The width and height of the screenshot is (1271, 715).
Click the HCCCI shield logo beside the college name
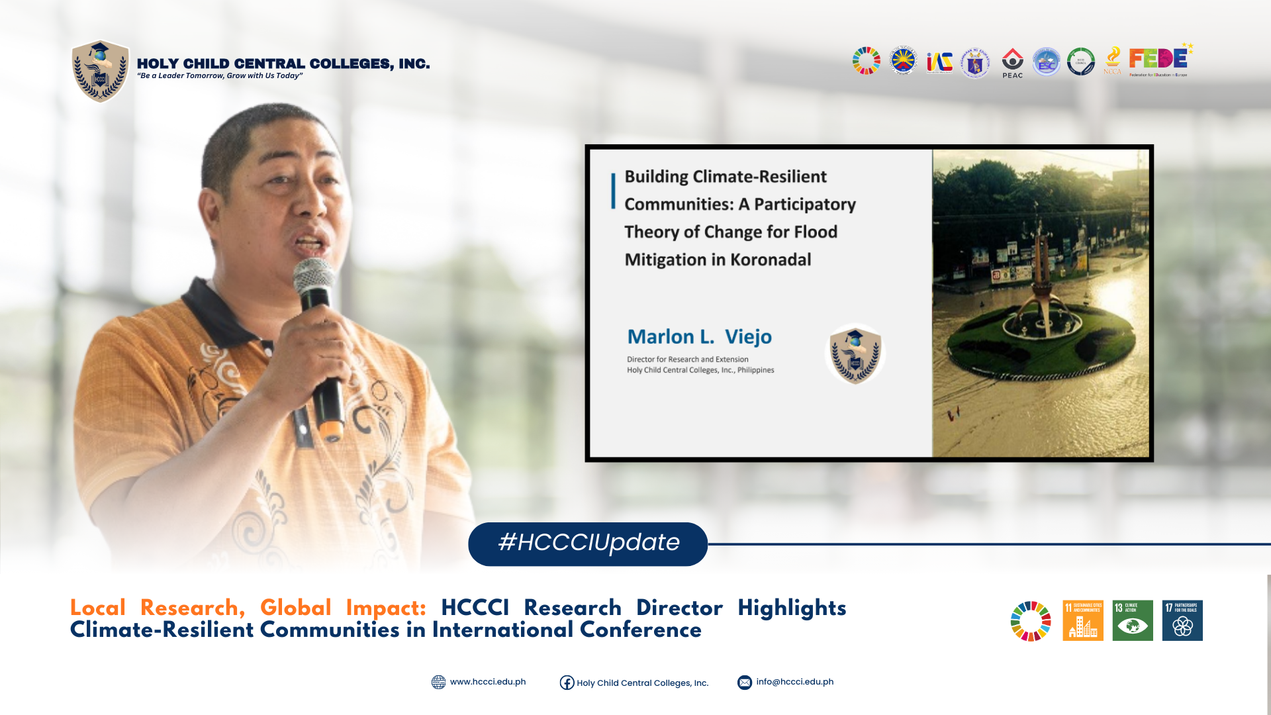[100, 71]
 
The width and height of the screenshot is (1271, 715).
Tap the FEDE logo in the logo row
[1158, 60]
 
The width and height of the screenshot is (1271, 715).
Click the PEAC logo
[1012, 62]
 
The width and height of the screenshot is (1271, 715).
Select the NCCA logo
[1112, 60]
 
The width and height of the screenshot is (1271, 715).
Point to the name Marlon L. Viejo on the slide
[699, 337]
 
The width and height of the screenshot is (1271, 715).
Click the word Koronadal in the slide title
[771, 260]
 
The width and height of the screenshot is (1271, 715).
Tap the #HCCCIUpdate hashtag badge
[588, 543]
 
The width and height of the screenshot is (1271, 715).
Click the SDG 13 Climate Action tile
[1132, 620]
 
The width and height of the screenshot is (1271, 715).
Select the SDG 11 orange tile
[1082, 620]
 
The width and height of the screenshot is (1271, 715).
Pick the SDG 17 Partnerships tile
[1182, 620]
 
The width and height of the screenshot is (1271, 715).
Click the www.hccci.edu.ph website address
[487, 682]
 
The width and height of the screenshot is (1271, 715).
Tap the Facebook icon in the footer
[567, 683]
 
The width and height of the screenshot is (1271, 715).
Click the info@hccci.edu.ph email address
[794, 682]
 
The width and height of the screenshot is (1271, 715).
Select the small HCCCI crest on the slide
[855, 354]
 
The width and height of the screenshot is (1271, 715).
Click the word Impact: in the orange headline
[385, 608]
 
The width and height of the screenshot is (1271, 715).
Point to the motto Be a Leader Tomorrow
[219, 76]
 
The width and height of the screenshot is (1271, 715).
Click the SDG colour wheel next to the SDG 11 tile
[1030, 621]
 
